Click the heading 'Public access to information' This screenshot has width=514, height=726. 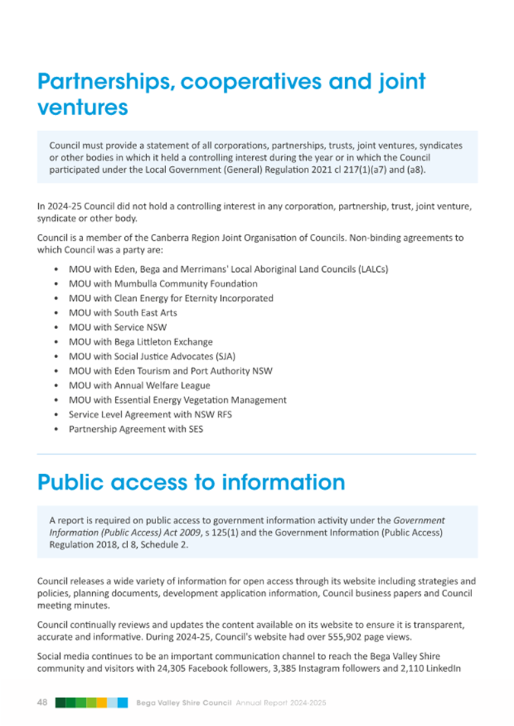190,481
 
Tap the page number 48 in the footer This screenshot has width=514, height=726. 43,702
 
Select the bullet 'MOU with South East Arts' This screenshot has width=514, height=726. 123,312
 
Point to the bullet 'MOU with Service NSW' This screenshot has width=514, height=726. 117,327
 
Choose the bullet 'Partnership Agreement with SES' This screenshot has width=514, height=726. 136,429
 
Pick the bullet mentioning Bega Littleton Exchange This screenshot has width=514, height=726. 140,341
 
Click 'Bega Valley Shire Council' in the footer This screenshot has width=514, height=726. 184,702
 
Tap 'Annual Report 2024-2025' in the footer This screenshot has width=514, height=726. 281,702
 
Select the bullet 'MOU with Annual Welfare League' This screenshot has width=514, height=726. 139,385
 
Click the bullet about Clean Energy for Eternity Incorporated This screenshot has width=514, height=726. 171,298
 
